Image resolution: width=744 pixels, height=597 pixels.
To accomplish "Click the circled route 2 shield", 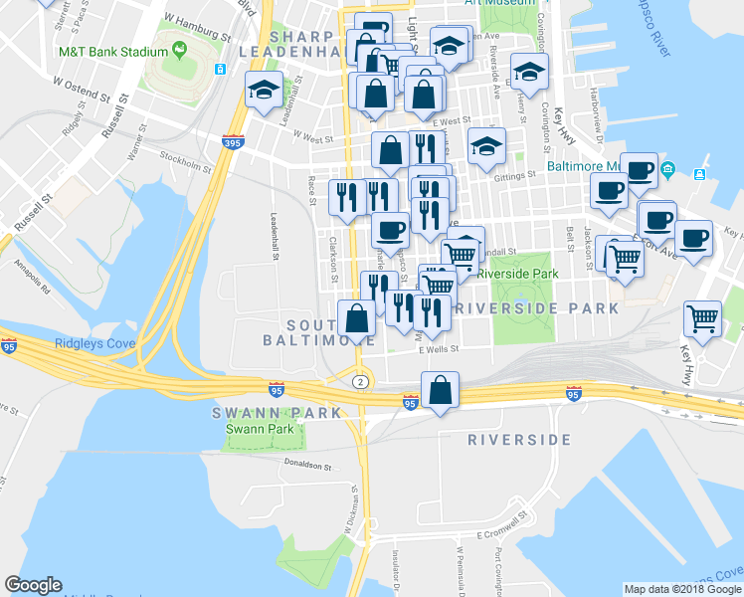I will [x=360, y=381].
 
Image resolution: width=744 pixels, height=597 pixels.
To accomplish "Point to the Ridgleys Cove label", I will [x=94, y=343].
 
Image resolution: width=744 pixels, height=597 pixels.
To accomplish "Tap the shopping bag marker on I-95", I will [x=440, y=390].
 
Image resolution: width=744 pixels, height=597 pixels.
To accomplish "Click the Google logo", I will [x=34, y=585].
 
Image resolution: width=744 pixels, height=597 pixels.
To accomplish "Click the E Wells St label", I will [x=438, y=350].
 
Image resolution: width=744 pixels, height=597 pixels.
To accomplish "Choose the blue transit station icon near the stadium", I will [x=220, y=71].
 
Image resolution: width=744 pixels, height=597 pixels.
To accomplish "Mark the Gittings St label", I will [x=517, y=172].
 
